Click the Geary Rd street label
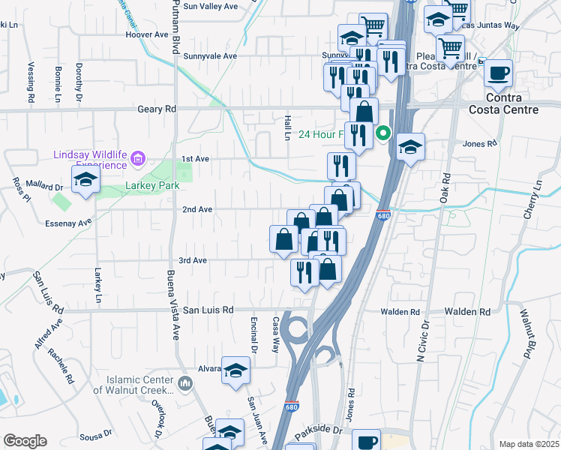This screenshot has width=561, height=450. [157, 109]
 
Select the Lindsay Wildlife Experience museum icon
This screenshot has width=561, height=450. [137, 158]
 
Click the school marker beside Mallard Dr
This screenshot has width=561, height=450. [86, 180]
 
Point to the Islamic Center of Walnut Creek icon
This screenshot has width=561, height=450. [186, 384]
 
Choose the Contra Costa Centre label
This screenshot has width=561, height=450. [512, 104]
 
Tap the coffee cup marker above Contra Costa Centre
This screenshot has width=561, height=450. [498, 73]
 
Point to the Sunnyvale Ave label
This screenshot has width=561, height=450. [210, 56]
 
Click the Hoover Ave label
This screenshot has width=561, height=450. [147, 34]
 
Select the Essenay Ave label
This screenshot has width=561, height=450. [68, 223]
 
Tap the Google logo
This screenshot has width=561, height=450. [25, 441]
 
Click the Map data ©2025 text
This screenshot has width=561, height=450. [529, 444]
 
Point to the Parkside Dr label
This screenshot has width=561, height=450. [318, 433]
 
